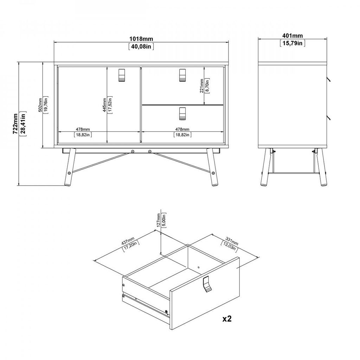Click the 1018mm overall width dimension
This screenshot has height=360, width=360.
pyautogui.click(x=141, y=39)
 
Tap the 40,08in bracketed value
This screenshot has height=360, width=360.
pyautogui.click(x=141, y=46)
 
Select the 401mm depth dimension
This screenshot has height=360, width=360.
pyautogui.click(x=292, y=36)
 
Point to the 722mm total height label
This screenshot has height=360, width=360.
pyautogui.click(x=15, y=123)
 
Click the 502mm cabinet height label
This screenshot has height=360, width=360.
pyautogui.click(x=40, y=105)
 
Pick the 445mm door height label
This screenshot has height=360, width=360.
pyautogui.click(x=104, y=105)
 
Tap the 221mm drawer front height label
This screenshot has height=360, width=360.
pyautogui.click(x=201, y=86)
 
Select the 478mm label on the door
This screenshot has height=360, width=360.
pyautogui.click(x=83, y=129)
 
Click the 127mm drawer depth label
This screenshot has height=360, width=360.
pyautogui.click(x=159, y=220)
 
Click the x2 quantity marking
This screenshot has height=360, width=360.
pyautogui.click(x=227, y=319)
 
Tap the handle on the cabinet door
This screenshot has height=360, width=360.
pyautogui.click(x=122, y=75)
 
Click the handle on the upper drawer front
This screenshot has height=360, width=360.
pyautogui.click(x=182, y=75)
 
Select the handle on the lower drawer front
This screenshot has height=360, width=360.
pyautogui.click(x=182, y=114)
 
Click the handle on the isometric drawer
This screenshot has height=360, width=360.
pyautogui.click(x=207, y=284)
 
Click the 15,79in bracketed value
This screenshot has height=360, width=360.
pyautogui.click(x=292, y=43)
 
